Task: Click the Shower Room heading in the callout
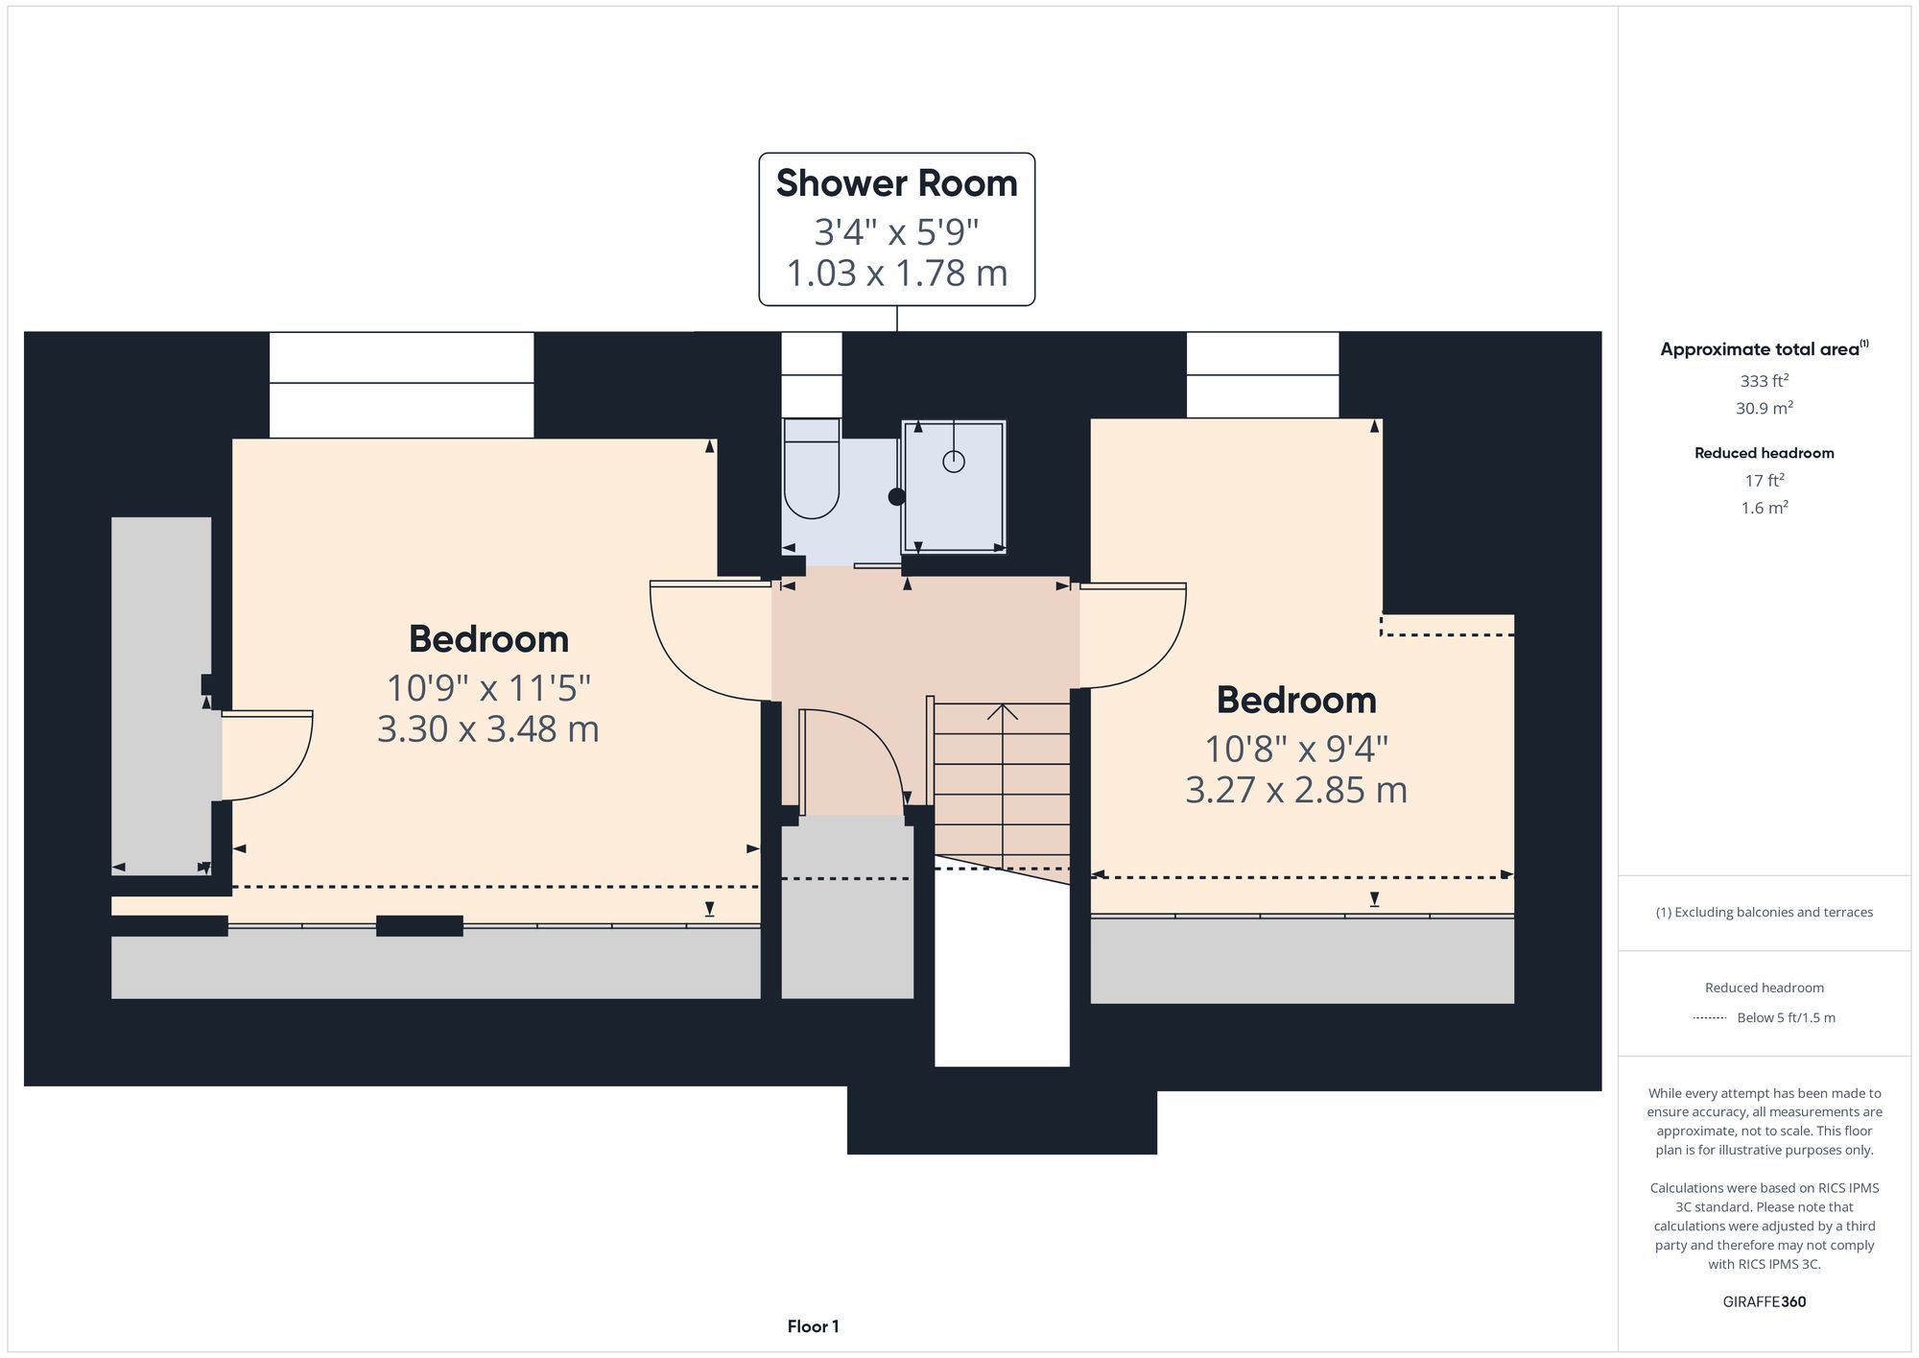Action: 896,183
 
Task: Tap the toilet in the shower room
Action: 812,470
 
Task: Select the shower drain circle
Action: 953,462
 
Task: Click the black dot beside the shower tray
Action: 897,497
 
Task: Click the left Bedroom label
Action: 488,639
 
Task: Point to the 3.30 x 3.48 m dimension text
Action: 488,729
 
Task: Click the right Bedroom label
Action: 1296,700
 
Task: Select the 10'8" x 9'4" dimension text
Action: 1296,749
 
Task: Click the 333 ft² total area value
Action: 1764,381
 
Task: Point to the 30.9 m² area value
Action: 1764,408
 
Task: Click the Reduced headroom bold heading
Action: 1764,453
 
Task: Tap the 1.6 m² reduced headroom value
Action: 1764,508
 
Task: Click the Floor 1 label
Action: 813,1326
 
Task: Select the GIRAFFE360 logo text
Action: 1764,1301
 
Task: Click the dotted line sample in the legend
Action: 1710,1017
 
